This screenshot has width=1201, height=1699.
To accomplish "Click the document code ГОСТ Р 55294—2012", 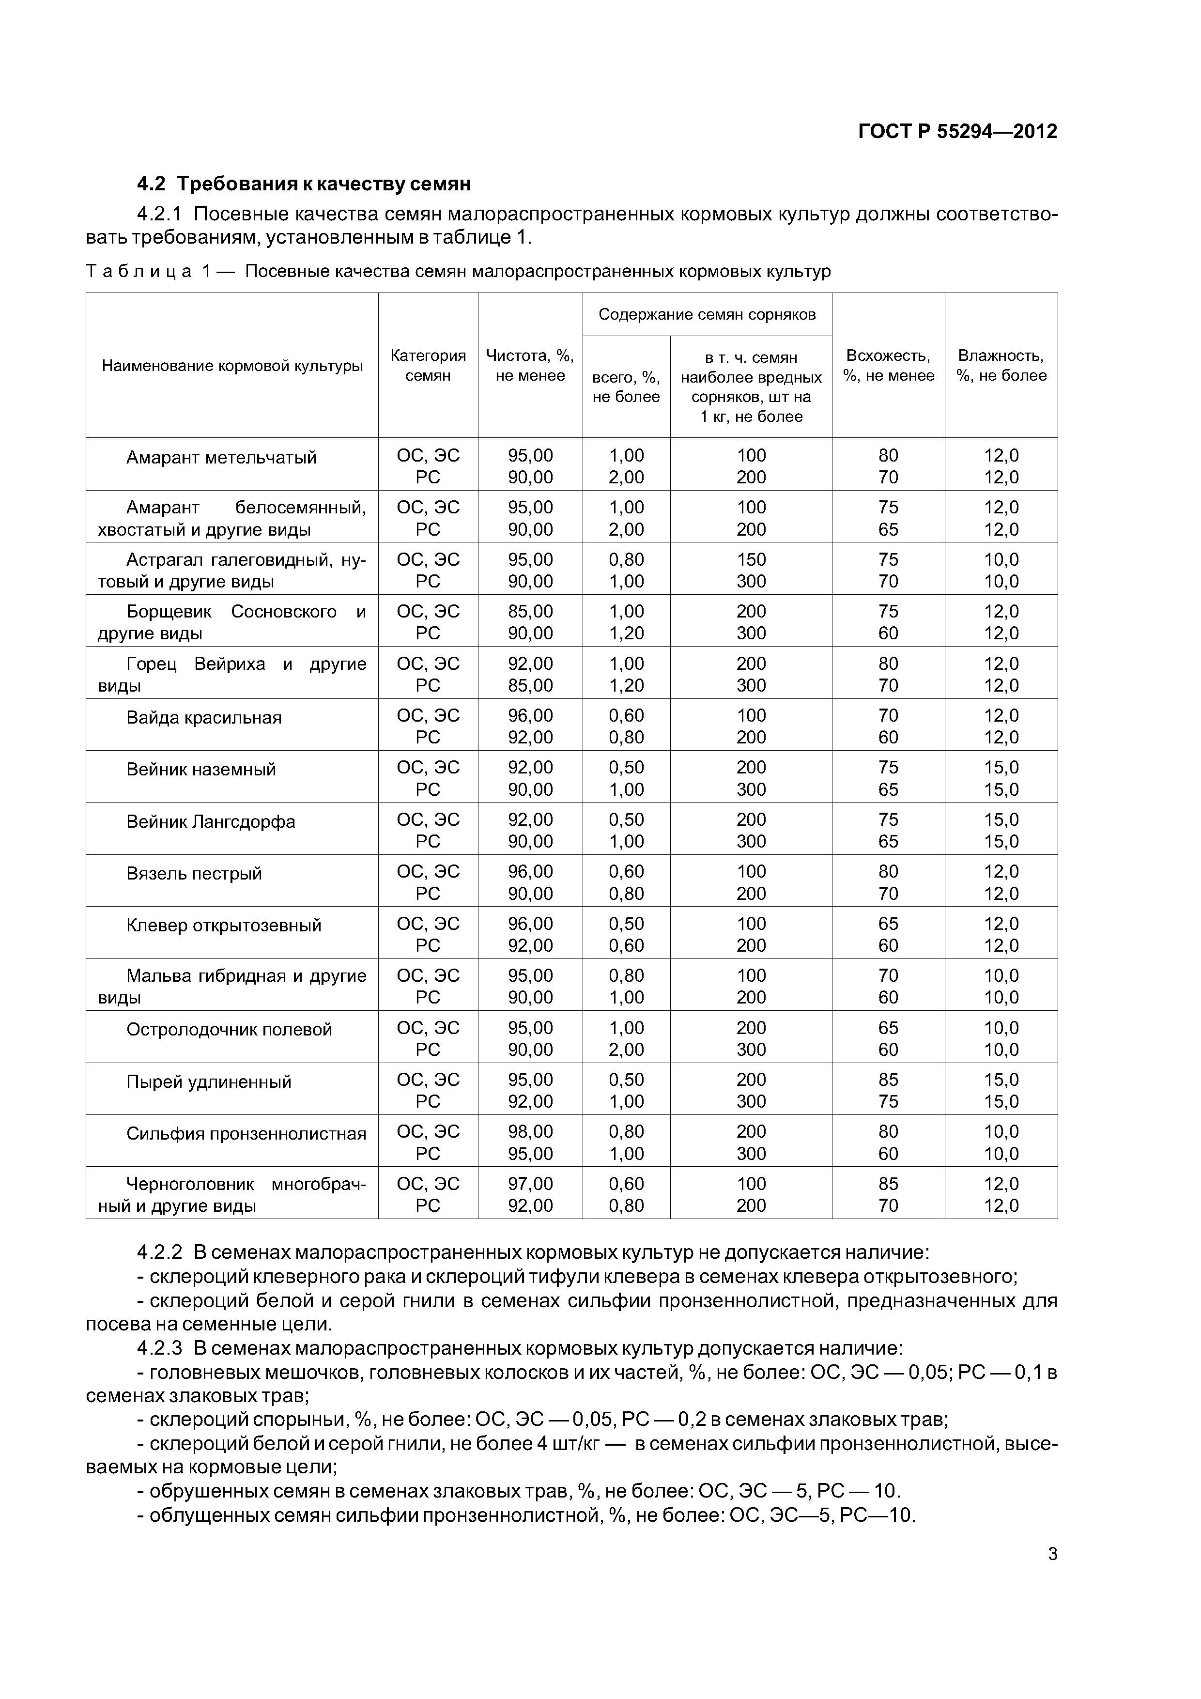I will click(957, 132).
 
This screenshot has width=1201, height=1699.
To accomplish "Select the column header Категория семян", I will click(428, 366).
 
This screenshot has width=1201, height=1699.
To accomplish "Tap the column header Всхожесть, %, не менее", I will click(888, 366).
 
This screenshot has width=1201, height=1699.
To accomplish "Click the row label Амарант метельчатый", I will click(221, 457).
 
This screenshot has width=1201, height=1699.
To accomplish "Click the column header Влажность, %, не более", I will click(1001, 366).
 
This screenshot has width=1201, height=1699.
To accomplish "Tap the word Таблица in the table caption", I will click(139, 272).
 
